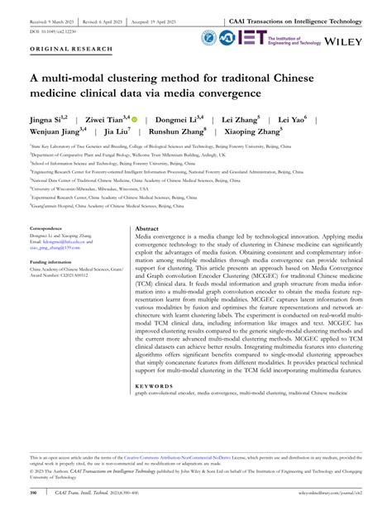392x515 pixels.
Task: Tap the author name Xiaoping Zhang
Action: [x=251, y=131]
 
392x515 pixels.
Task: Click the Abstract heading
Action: [x=147, y=227]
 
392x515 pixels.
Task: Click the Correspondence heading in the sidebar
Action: [x=51, y=227]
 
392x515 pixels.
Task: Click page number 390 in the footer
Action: [x=34, y=494]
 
